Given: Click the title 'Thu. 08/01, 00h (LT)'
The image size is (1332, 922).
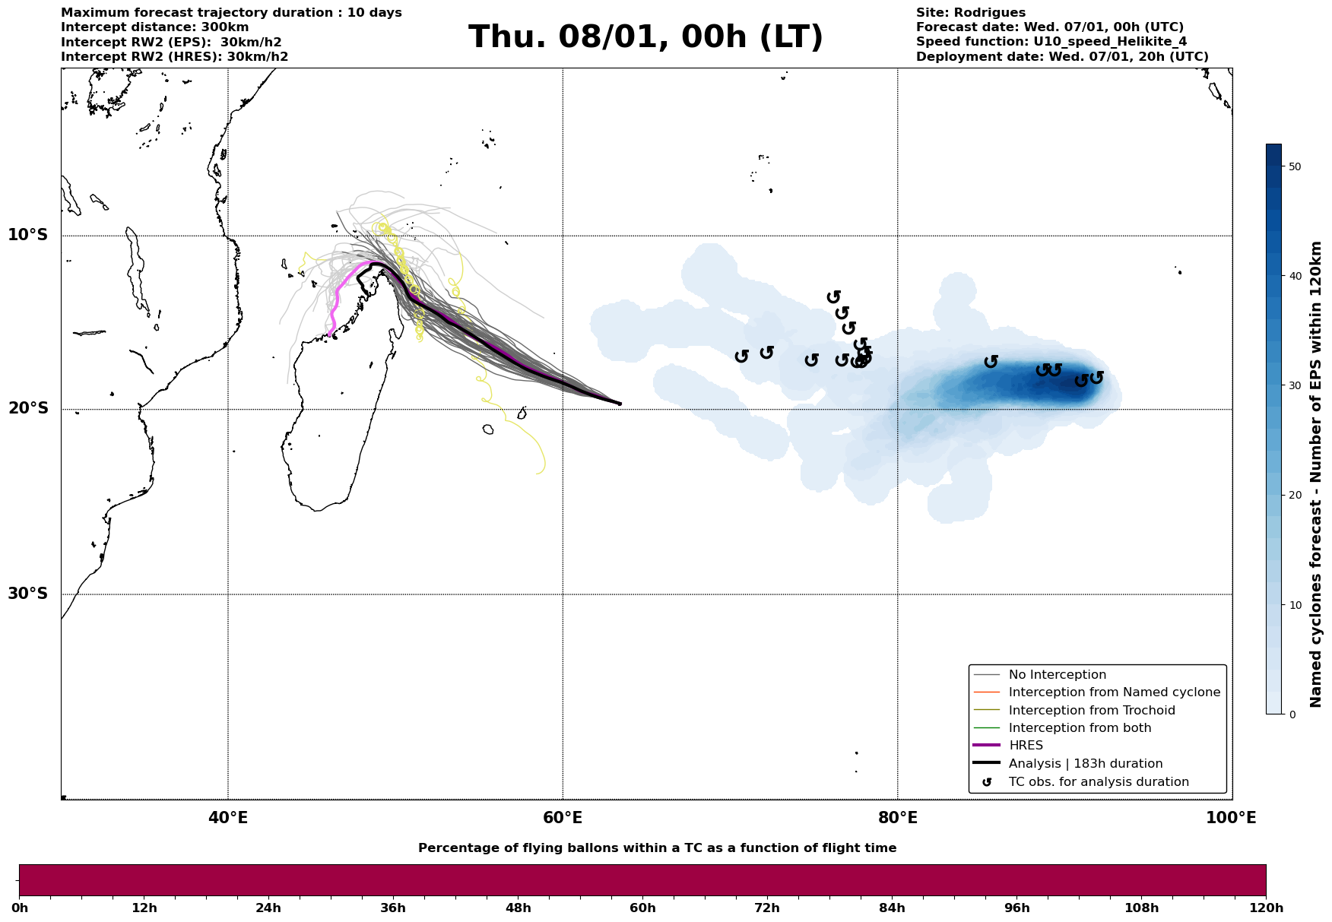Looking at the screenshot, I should pos(645,37).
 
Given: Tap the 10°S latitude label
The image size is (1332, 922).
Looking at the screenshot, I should pos(28,235).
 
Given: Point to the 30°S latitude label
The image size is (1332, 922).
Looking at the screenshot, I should pos(28,594).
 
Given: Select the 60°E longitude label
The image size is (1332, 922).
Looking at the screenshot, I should pos(563,818).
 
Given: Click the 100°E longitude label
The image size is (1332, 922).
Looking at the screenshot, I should pos(1232,818).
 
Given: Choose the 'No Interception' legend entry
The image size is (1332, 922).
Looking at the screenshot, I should pos(1057,675).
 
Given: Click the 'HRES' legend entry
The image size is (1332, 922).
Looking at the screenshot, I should pos(1026,746).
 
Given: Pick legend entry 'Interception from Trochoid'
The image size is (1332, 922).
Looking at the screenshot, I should pos(1092,711).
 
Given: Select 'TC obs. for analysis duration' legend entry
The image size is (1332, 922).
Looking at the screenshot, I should pos(1099,782).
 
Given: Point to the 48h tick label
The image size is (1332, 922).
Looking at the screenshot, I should pos(518,908).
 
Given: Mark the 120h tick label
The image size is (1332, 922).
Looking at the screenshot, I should pos(1265,908).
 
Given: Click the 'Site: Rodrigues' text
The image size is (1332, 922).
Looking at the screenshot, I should pos(970,13).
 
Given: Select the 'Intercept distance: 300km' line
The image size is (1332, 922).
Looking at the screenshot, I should pos(155,27).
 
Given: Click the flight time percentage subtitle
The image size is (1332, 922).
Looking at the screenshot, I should pos(657,848).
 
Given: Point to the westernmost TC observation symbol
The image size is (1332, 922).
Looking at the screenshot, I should pos(742,356).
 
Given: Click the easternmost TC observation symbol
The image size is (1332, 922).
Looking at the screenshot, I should pos(1096,378).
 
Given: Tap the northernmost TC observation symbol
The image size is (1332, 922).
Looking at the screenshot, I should pos(834,296).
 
